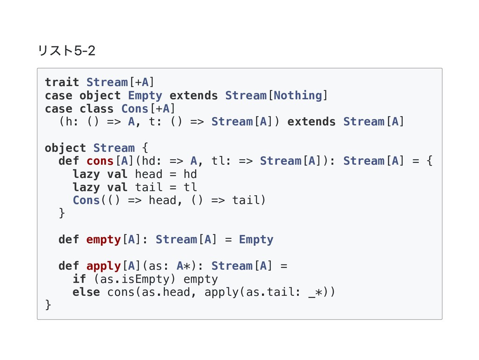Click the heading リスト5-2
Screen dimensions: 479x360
click(x=66, y=50)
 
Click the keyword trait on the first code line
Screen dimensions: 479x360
click(x=62, y=82)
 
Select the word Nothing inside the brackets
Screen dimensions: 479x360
click(x=298, y=96)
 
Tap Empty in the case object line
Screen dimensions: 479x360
click(x=145, y=96)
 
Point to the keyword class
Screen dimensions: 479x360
click(x=96, y=109)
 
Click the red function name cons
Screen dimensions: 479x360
click(x=100, y=161)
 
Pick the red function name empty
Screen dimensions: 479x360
click(x=103, y=240)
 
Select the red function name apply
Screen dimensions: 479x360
click(x=103, y=266)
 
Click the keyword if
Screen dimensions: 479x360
click(x=79, y=279)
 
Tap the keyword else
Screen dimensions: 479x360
click(x=86, y=292)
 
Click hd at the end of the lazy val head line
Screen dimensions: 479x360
click(x=190, y=174)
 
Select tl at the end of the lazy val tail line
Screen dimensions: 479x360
click(x=190, y=187)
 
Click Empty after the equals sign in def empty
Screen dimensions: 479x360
click(x=256, y=240)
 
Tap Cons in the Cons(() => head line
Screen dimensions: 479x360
click(x=86, y=200)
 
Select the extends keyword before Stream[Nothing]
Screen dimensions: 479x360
click(x=194, y=96)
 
